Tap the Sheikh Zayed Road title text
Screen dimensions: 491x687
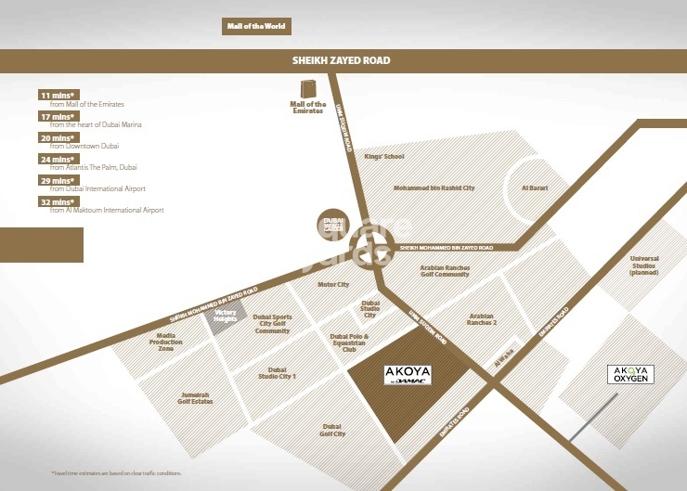pyautogui.click(x=341, y=61)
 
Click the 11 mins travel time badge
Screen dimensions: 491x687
pyautogui.click(x=56, y=96)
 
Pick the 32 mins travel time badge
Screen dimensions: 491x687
pyautogui.click(x=56, y=201)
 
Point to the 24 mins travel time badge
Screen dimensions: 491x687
pyautogui.click(x=56, y=159)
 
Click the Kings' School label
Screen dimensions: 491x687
pyautogui.click(x=384, y=157)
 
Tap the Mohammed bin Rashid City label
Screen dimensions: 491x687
pyautogui.click(x=434, y=188)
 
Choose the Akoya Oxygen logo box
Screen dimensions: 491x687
pyautogui.click(x=631, y=374)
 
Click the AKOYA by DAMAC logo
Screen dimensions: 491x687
pyautogui.click(x=408, y=376)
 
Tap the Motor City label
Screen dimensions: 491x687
pyautogui.click(x=333, y=285)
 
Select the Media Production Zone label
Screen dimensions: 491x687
pyautogui.click(x=165, y=344)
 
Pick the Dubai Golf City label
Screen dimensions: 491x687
pyautogui.click(x=332, y=430)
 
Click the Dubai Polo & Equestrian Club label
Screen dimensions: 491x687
pyautogui.click(x=350, y=342)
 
